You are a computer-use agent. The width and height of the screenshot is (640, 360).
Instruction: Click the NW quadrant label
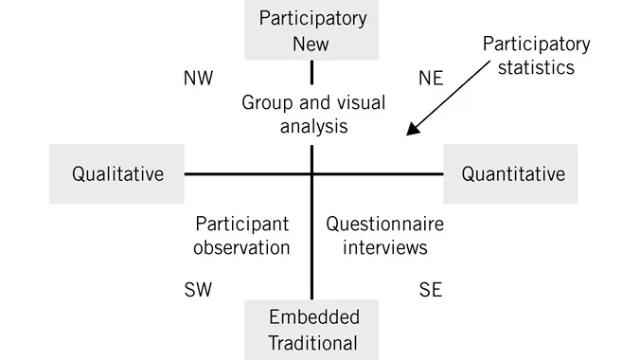tap(198, 79)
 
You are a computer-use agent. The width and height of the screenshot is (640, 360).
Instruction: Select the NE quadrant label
tap(431, 79)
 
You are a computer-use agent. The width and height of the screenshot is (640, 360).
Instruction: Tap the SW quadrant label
tap(198, 290)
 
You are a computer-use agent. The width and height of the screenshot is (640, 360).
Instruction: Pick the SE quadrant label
tap(431, 290)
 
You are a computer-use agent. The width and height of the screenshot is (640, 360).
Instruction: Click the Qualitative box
tap(117, 174)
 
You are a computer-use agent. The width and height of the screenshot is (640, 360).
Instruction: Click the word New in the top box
tap(312, 44)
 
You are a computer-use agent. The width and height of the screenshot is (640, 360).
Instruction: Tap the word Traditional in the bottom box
tap(313, 342)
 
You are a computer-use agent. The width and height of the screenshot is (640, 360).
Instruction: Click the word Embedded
tap(313, 316)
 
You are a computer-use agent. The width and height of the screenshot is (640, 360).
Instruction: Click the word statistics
tap(536, 69)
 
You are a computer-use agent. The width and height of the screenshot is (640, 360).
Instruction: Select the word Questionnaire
tap(384, 225)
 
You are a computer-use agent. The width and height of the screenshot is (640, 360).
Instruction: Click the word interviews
tap(384, 248)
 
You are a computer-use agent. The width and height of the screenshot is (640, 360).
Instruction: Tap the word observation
tap(241, 248)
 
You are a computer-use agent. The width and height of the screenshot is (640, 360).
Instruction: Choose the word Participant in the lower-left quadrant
tap(241, 225)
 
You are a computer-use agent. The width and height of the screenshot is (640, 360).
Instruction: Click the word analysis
tap(313, 126)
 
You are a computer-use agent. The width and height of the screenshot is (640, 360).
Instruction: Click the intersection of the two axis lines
tap(311, 174)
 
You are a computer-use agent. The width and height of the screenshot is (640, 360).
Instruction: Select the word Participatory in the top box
tap(313, 19)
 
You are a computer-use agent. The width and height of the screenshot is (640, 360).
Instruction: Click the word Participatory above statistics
tap(536, 45)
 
